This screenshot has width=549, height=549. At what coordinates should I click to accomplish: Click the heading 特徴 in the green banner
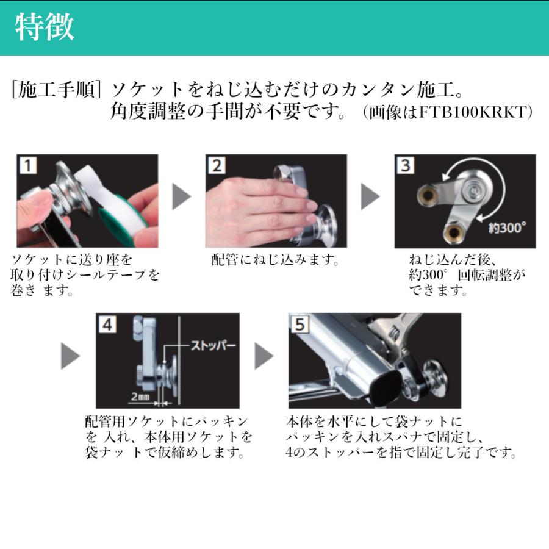point(44,27)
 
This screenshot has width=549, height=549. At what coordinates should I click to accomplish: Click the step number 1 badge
point(27,165)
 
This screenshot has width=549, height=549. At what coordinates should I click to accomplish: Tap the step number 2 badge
point(217,165)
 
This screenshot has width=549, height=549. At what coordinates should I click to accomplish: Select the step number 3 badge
point(405,165)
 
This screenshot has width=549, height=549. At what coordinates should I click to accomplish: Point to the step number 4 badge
point(107,325)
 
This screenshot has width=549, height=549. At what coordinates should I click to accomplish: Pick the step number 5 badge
point(298,325)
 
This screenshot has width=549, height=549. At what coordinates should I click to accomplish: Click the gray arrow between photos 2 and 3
point(370,197)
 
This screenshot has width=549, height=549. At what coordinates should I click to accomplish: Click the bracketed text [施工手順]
point(56,90)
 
